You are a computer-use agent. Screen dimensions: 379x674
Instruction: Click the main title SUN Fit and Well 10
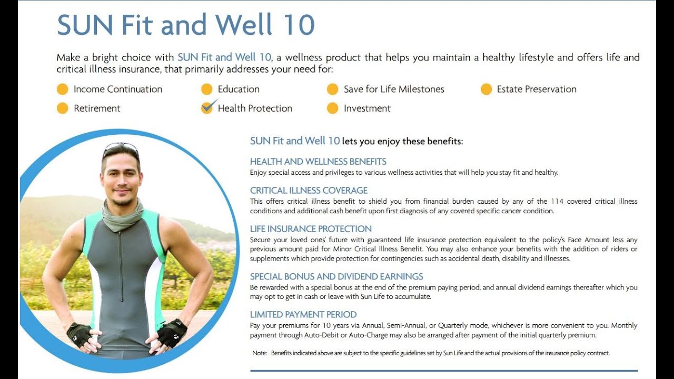tap(185, 25)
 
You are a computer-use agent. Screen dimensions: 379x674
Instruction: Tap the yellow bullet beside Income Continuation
tap(63, 89)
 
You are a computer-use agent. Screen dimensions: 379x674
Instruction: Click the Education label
tap(239, 89)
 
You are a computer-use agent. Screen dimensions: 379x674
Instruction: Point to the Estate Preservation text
tap(536, 89)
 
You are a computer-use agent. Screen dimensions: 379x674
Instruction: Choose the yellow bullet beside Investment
tap(332, 108)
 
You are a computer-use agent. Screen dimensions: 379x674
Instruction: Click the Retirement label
tap(97, 108)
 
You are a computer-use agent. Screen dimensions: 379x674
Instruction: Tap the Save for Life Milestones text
tap(393, 89)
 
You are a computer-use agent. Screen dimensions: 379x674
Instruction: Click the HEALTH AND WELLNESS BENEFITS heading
tap(318, 162)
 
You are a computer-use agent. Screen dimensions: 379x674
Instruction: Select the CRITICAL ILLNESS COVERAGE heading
tap(309, 191)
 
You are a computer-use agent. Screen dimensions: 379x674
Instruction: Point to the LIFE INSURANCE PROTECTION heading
tap(311, 229)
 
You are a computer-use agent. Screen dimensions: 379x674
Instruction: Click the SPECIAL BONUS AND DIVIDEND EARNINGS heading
tap(336, 276)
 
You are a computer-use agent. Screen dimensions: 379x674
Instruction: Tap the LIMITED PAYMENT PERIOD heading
tap(303, 315)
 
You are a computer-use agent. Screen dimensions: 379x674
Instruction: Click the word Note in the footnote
tap(259, 353)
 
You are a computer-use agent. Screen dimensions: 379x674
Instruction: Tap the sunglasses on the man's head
tap(121, 147)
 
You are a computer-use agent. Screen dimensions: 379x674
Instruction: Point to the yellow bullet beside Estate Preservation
tap(486, 89)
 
